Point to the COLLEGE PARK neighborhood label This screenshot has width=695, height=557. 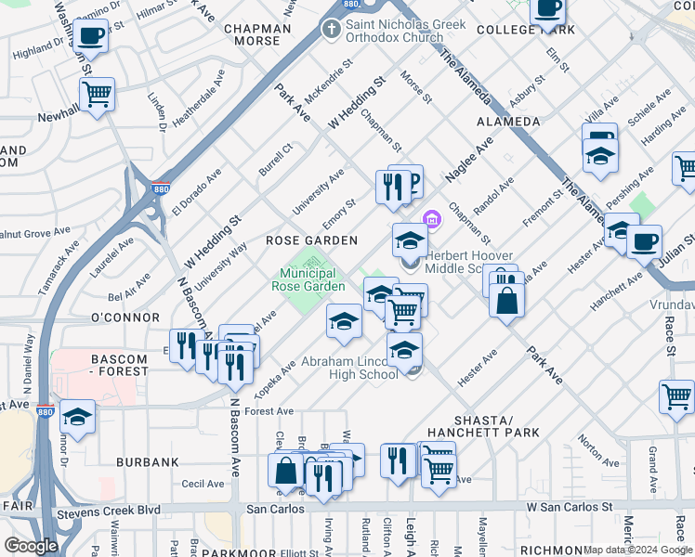coord(526,30)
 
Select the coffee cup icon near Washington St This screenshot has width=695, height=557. coord(89,37)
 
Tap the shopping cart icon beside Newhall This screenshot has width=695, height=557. coord(97,93)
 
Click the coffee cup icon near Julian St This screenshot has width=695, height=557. coord(643,241)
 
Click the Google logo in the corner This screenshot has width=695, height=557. coord(31,546)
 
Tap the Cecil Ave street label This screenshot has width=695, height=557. coord(203,484)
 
